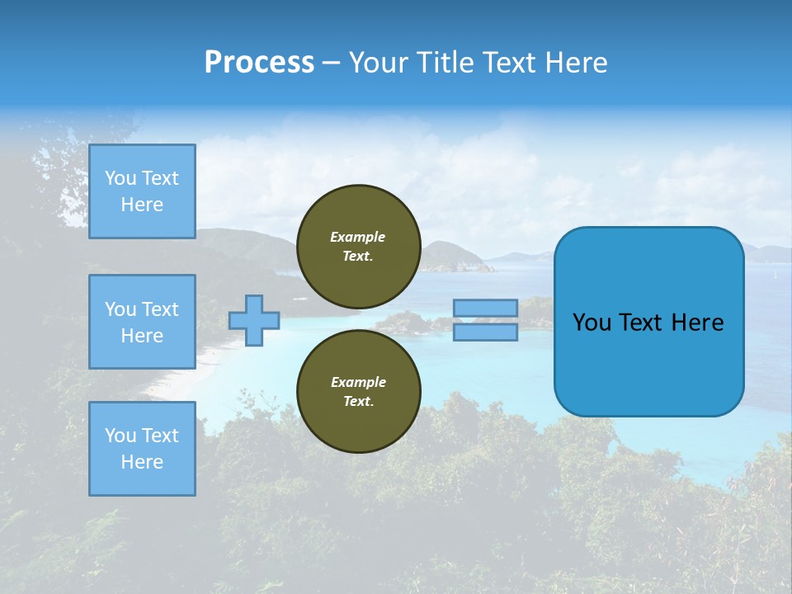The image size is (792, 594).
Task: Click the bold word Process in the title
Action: click(x=259, y=63)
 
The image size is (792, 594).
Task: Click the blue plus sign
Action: click(x=254, y=320)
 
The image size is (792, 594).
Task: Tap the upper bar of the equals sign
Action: click(x=485, y=308)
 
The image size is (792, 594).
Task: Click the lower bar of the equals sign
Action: click(x=485, y=332)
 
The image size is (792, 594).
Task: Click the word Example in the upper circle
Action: click(x=358, y=237)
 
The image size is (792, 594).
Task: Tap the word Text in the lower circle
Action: click(x=358, y=401)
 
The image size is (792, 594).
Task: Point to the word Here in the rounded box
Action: click(x=697, y=323)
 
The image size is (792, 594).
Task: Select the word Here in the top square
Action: click(x=142, y=205)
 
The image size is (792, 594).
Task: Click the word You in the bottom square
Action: click(x=120, y=435)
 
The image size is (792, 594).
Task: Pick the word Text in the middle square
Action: click(x=159, y=309)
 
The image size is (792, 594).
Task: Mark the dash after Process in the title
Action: click(x=331, y=63)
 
